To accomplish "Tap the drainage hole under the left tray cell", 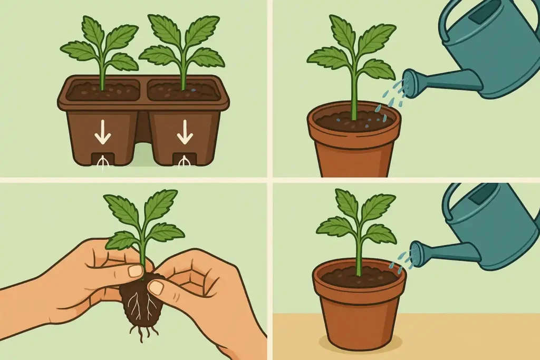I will point(102,159).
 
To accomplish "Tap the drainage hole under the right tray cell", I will point(185,159).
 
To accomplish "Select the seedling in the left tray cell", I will point(100,50).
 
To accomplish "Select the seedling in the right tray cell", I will point(182,50).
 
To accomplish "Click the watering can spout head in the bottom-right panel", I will point(417,254).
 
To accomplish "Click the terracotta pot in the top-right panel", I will point(353,150).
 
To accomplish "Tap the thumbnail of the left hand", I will point(136,271).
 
